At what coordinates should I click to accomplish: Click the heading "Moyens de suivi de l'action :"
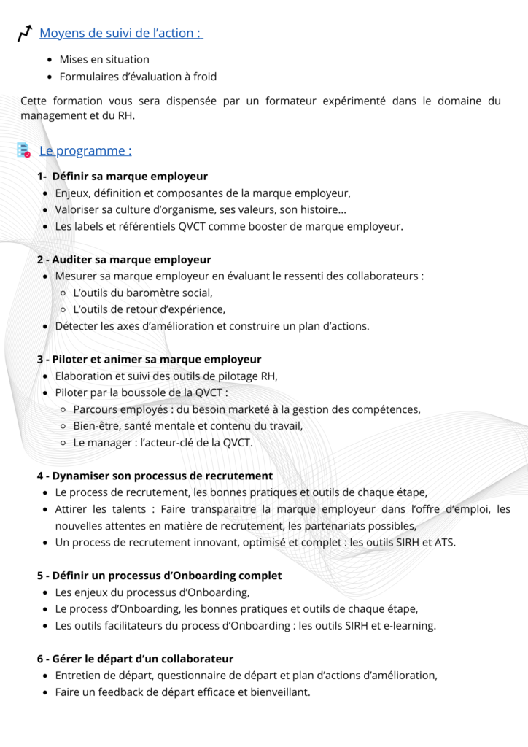pos(121,33)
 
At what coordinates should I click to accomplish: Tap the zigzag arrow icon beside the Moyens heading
pos(25,33)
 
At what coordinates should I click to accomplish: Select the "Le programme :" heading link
pos(85,151)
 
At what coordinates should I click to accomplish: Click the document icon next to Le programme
pos(24,150)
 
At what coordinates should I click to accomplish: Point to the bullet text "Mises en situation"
pos(104,59)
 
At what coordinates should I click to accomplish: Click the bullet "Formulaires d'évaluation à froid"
pos(138,76)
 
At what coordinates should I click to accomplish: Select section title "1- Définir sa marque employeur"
pos(123,177)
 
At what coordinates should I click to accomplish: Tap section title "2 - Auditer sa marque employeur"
pos(124,260)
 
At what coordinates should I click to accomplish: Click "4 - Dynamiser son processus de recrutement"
pos(155,476)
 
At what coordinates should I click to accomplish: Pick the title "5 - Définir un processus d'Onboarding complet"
pos(159,576)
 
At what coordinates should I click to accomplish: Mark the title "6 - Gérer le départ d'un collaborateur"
pos(135,659)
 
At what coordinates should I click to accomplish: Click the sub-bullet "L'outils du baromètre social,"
pos(143,293)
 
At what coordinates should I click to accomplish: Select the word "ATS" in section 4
pos(443,542)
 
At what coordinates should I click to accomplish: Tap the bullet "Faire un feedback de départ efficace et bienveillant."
pos(182,692)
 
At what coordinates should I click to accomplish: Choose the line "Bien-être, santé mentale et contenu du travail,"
pos(187,426)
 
